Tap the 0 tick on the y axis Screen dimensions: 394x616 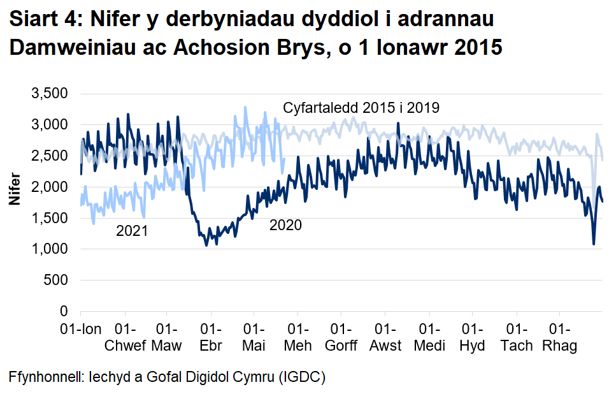[64, 311]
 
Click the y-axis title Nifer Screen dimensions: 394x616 [13, 190]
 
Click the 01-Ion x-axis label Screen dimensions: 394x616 [81, 330]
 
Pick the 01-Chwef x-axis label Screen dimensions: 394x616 [125, 338]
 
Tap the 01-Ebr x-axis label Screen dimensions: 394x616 [210, 338]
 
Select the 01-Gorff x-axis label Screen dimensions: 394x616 [341, 338]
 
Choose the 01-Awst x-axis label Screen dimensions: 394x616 [385, 338]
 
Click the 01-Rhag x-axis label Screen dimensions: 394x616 [559, 338]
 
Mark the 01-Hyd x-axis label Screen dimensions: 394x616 [472, 338]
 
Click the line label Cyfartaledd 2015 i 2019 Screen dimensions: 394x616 [361, 108]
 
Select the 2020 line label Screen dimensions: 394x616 [285, 225]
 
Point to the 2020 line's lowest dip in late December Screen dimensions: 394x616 [594, 244]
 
